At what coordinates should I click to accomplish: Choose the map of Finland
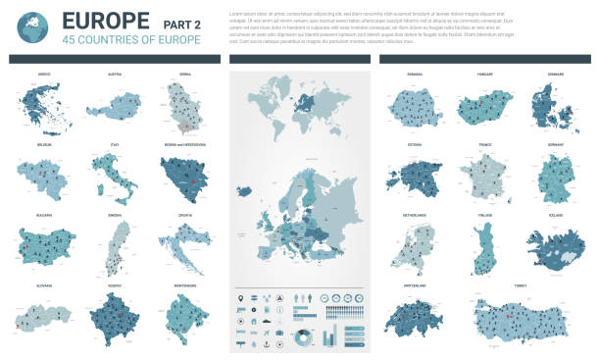[x=482, y=248]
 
